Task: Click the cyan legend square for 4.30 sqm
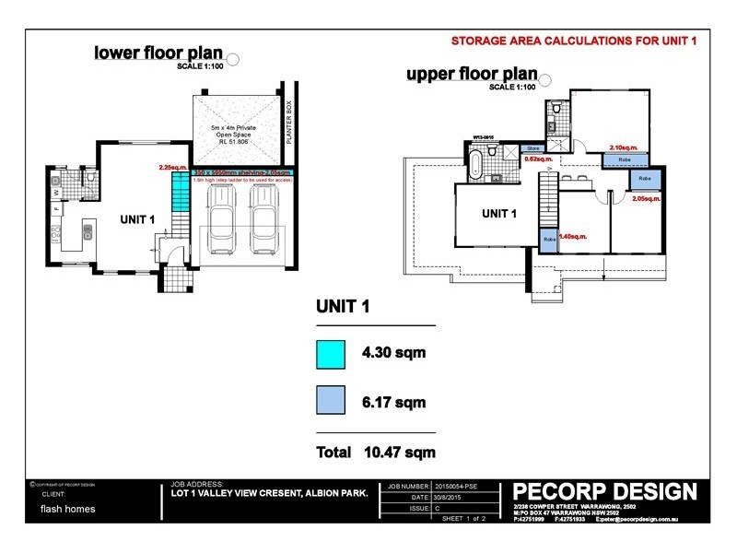click(331, 354)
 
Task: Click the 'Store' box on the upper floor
click(532, 147)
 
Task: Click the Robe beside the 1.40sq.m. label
click(548, 240)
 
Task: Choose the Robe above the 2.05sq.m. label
click(644, 179)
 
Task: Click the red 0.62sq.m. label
click(537, 159)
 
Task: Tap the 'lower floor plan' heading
click(158, 53)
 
